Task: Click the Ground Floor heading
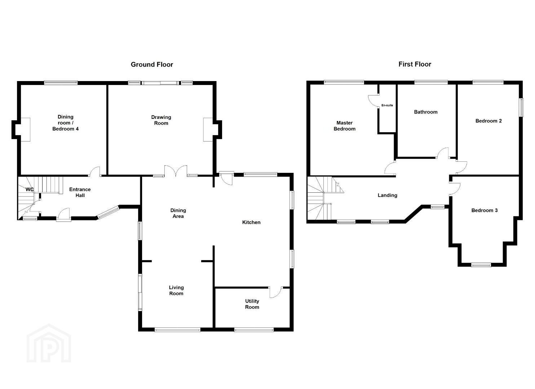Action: click(152, 64)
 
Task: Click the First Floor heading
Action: click(415, 64)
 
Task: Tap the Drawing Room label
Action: click(161, 120)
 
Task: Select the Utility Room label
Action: click(252, 304)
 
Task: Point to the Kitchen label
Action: click(251, 222)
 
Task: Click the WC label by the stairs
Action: click(30, 189)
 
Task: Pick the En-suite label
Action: click(387, 105)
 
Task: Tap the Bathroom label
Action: click(426, 112)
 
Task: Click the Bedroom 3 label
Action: click(485, 210)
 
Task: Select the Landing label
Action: click(388, 195)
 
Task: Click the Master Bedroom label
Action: click(344, 126)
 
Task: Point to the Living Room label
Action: click(176, 290)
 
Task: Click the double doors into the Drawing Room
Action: click(176, 171)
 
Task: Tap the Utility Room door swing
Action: click(276, 292)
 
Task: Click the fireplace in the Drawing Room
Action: click(208, 130)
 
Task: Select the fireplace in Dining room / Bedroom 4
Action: click(25, 130)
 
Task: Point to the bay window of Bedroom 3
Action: click(481, 265)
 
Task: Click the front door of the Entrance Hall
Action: click(63, 215)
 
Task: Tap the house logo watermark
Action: click(49, 344)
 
